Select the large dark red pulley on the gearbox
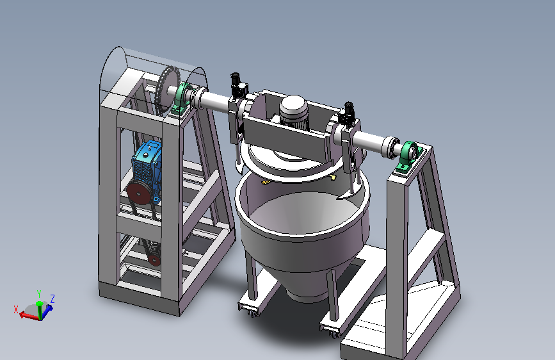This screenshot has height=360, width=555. [x=138, y=193]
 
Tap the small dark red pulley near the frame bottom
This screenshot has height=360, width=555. [x=154, y=259]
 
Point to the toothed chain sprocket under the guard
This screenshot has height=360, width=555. [x=166, y=91]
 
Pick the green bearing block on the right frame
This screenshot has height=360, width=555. [x=409, y=156]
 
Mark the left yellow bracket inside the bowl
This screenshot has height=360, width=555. [x=266, y=182]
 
